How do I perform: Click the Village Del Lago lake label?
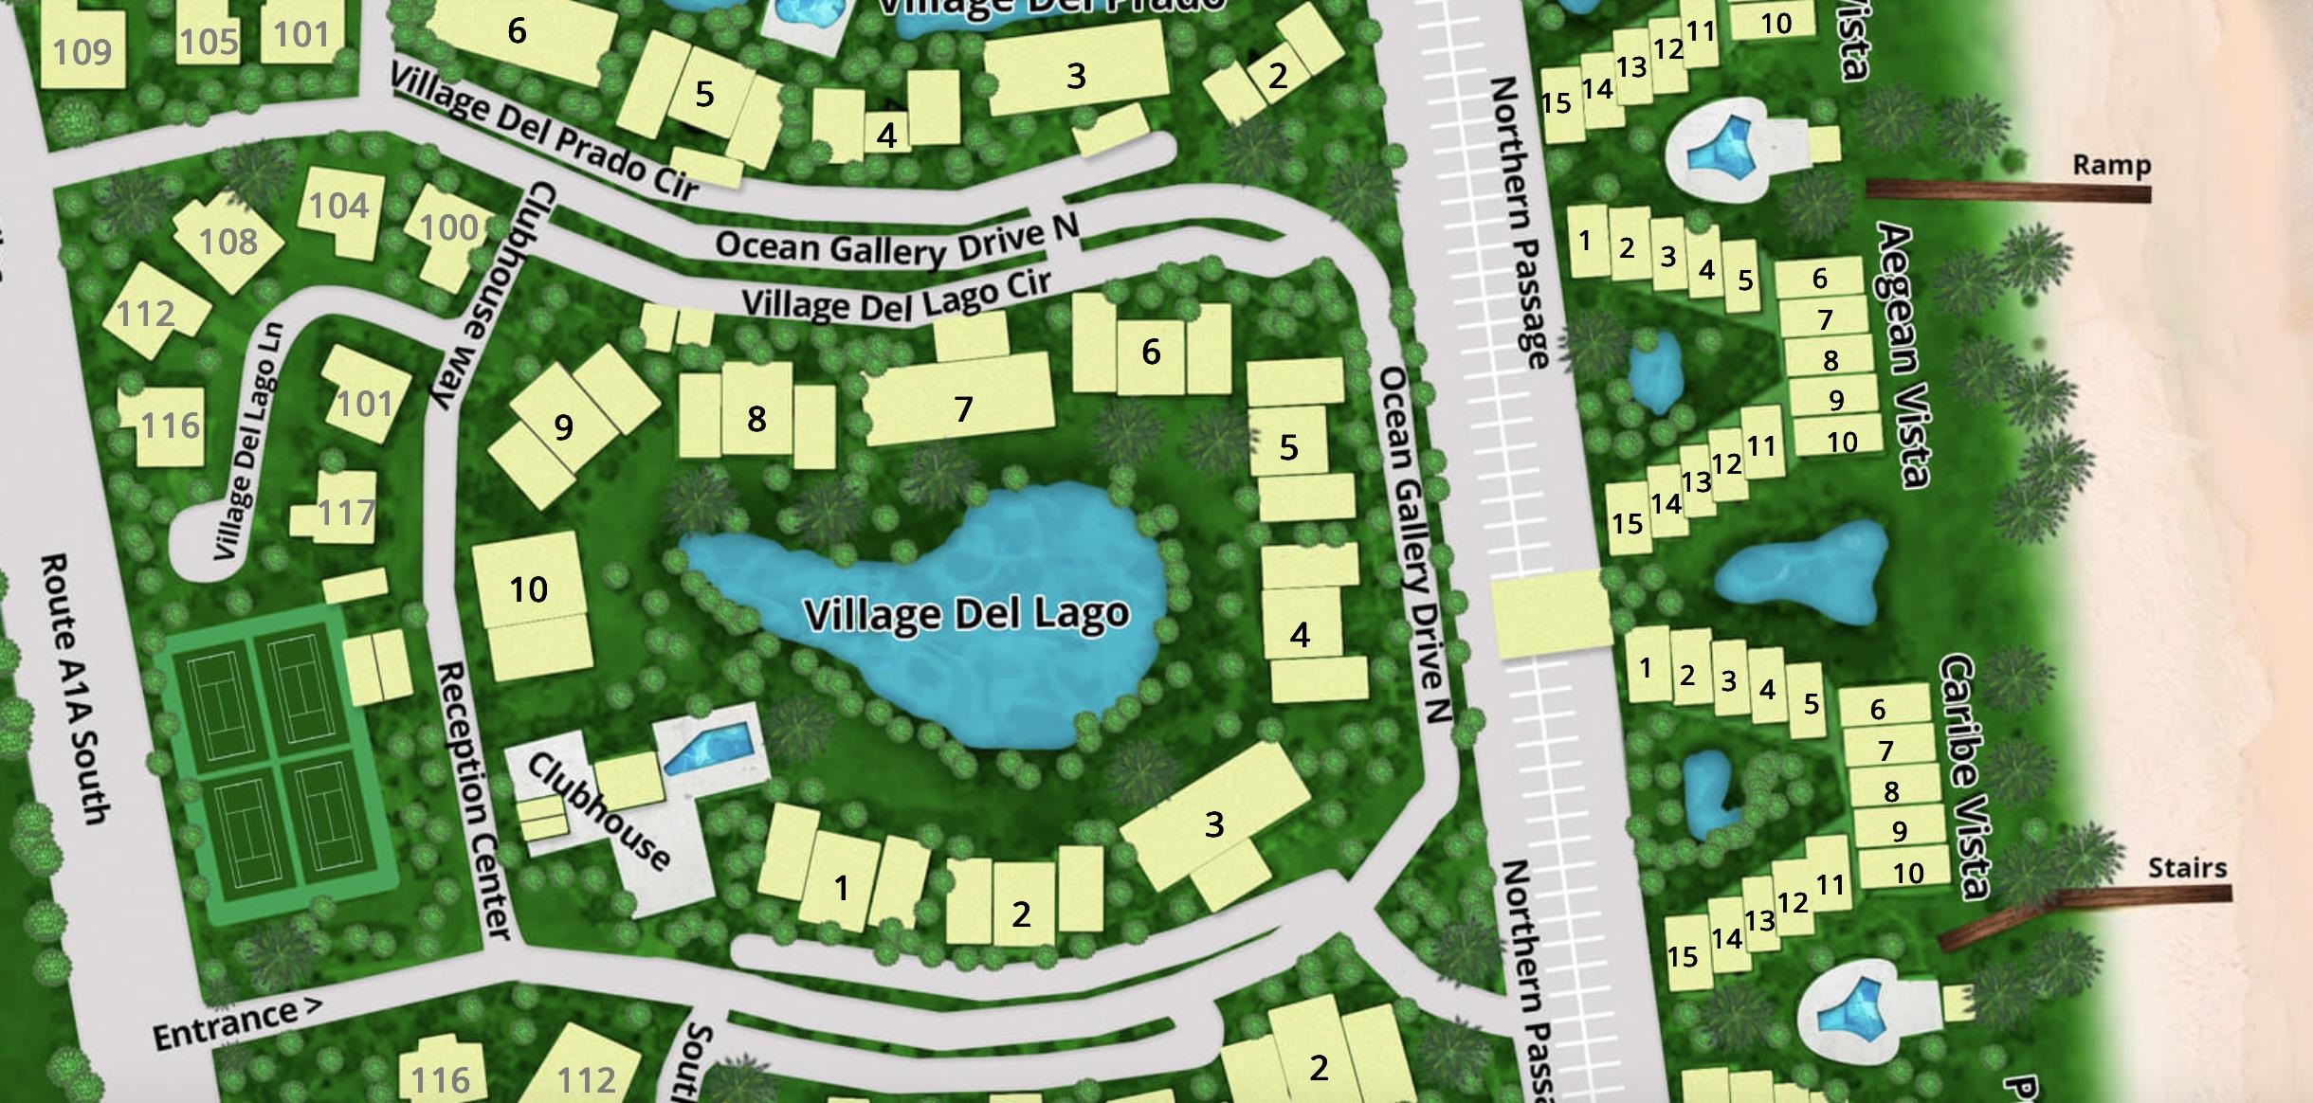tap(966, 614)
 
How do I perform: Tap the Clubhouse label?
tap(598, 811)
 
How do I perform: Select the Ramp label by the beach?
tap(2111, 165)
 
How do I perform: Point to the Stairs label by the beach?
tap(2187, 867)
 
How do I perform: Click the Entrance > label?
tap(237, 1023)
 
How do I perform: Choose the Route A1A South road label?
tap(75, 689)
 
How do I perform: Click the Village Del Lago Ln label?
tap(248, 441)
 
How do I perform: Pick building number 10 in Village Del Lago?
tap(528, 589)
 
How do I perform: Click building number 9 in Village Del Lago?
tap(563, 426)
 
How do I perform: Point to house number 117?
tap(346, 513)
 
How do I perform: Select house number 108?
tap(228, 242)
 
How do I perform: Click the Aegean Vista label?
tap(1903, 354)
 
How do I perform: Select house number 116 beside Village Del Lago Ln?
tap(171, 425)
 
